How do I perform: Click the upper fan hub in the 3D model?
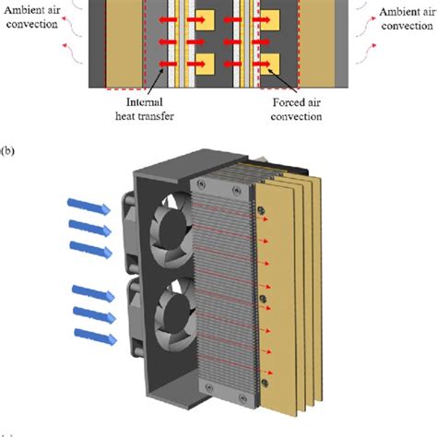coord(173,228)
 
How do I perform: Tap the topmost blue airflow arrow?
coord(89,207)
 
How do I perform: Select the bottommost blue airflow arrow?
coord(96,337)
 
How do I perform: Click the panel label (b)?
coord(7,151)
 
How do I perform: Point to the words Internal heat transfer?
coord(145,109)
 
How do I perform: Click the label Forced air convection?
coord(296,110)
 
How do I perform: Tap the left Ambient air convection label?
coord(32,17)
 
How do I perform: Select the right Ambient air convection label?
coord(407,19)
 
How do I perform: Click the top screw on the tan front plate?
coord(261,210)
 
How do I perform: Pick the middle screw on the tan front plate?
coord(263,298)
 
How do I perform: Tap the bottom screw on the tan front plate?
coord(265,383)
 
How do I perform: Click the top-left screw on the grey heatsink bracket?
coord(201,184)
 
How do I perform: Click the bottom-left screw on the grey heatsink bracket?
coord(209,388)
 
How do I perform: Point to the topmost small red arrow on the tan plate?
coord(263,218)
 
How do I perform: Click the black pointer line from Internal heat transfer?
coord(156,82)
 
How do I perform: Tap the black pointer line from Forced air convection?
coord(282,80)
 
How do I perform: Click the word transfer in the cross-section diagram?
coord(158,116)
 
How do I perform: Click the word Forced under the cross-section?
coord(285,102)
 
